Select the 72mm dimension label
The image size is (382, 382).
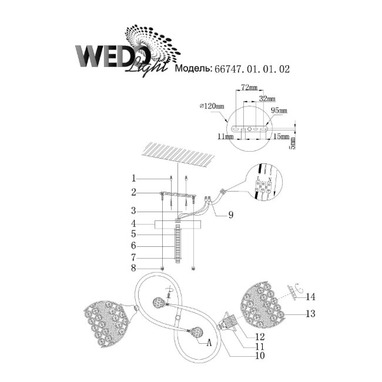point(250,88)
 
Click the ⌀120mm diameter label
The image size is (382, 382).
point(212,106)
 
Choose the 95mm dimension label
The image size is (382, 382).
point(279,110)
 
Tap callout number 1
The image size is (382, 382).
point(134,178)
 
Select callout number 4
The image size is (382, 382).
point(134,223)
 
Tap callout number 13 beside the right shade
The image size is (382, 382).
point(311,314)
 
